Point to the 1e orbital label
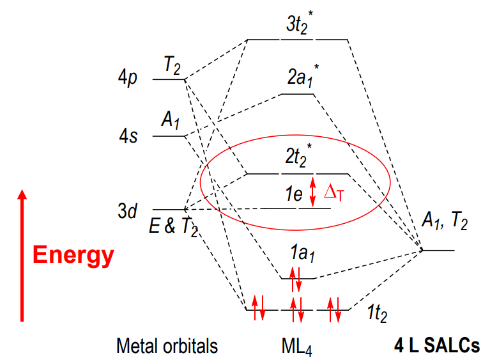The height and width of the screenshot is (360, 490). (294, 194)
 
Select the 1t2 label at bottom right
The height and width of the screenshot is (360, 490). (377, 313)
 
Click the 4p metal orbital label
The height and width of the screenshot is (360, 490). (128, 77)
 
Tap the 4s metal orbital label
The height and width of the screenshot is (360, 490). (128, 136)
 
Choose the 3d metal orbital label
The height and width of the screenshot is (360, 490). (128, 210)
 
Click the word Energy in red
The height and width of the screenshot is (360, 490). (73, 256)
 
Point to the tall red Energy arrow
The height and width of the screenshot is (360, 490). (22, 255)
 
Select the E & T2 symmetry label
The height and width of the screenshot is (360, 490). (173, 226)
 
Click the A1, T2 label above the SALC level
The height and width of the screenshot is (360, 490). (445, 220)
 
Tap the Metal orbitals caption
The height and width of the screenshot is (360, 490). (167, 346)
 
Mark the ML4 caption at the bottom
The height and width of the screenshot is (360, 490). (296, 347)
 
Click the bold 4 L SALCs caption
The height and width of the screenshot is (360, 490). (437, 345)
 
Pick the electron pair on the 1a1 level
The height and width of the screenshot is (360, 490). (296, 279)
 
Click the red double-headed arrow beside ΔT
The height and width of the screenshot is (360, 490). (312, 192)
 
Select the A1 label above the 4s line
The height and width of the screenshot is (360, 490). (171, 120)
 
